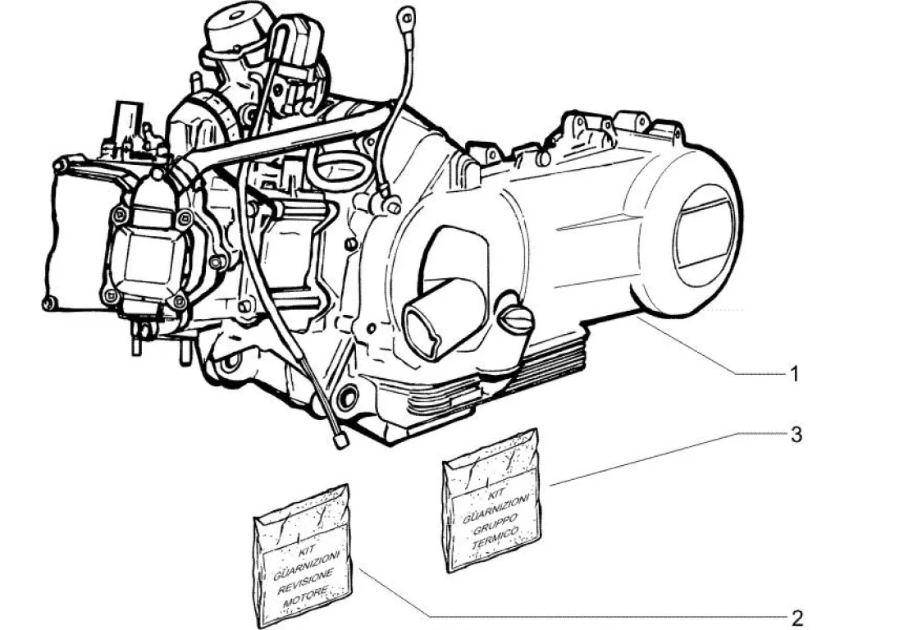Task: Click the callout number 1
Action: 794,373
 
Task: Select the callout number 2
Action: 796,618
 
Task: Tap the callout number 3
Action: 796,435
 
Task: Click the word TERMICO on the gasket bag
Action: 495,538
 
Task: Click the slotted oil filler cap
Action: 516,319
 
